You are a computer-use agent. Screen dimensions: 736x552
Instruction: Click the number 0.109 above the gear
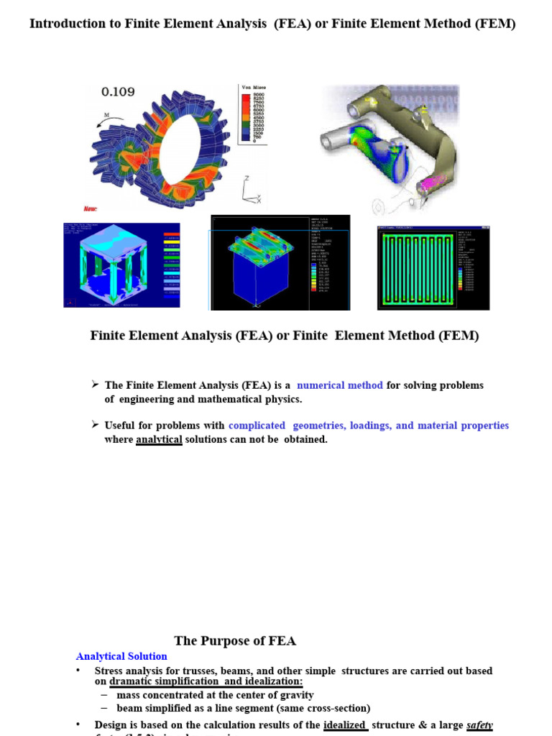(x=118, y=92)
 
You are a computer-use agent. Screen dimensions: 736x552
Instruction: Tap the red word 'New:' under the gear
(x=91, y=209)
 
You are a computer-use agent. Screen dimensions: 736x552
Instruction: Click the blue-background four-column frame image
(x=121, y=265)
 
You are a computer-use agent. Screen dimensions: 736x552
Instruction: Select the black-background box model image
(x=280, y=262)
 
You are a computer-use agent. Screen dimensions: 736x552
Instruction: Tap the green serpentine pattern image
(x=433, y=268)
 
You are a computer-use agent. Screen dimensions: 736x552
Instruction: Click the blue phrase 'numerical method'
(x=340, y=385)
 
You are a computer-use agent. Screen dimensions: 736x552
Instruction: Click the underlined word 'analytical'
(x=159, y=439)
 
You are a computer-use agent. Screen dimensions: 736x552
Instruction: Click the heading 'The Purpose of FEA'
(x=235, y=641)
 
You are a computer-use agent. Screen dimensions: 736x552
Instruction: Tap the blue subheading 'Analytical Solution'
(x=121, y=656)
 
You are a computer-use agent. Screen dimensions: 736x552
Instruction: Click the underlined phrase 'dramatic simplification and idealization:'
(x=206, y=681)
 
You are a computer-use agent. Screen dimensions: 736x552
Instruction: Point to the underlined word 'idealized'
(x=345, y=725)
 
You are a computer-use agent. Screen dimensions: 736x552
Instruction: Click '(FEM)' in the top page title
(x=495, y=24)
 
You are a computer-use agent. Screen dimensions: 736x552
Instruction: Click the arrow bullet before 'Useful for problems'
(x=96, y=425)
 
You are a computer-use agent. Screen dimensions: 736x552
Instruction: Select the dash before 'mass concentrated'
(x=104, y=695)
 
